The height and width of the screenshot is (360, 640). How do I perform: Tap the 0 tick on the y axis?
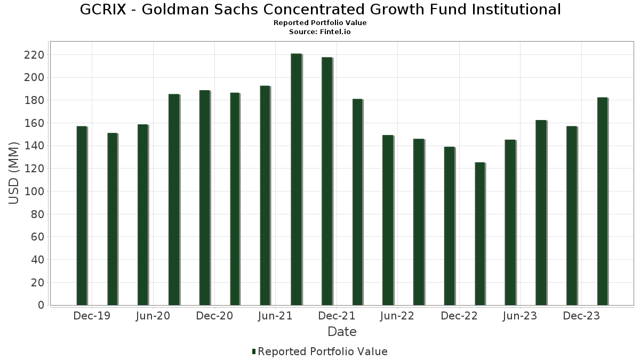click(41, 305)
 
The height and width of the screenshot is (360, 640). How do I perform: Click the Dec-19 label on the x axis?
click(92, 316)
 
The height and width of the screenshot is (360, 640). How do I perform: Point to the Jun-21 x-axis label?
click(275, 316)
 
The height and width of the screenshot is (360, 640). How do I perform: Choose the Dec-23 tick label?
click(581, 316)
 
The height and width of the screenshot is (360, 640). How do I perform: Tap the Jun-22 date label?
click(397, 316)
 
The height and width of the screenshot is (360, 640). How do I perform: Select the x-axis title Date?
click(342, 332)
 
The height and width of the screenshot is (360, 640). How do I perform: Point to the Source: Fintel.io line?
click(320, 32)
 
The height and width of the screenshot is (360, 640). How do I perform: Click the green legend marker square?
click(254, 351)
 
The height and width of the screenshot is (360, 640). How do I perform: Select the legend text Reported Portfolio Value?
click(323, 351)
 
